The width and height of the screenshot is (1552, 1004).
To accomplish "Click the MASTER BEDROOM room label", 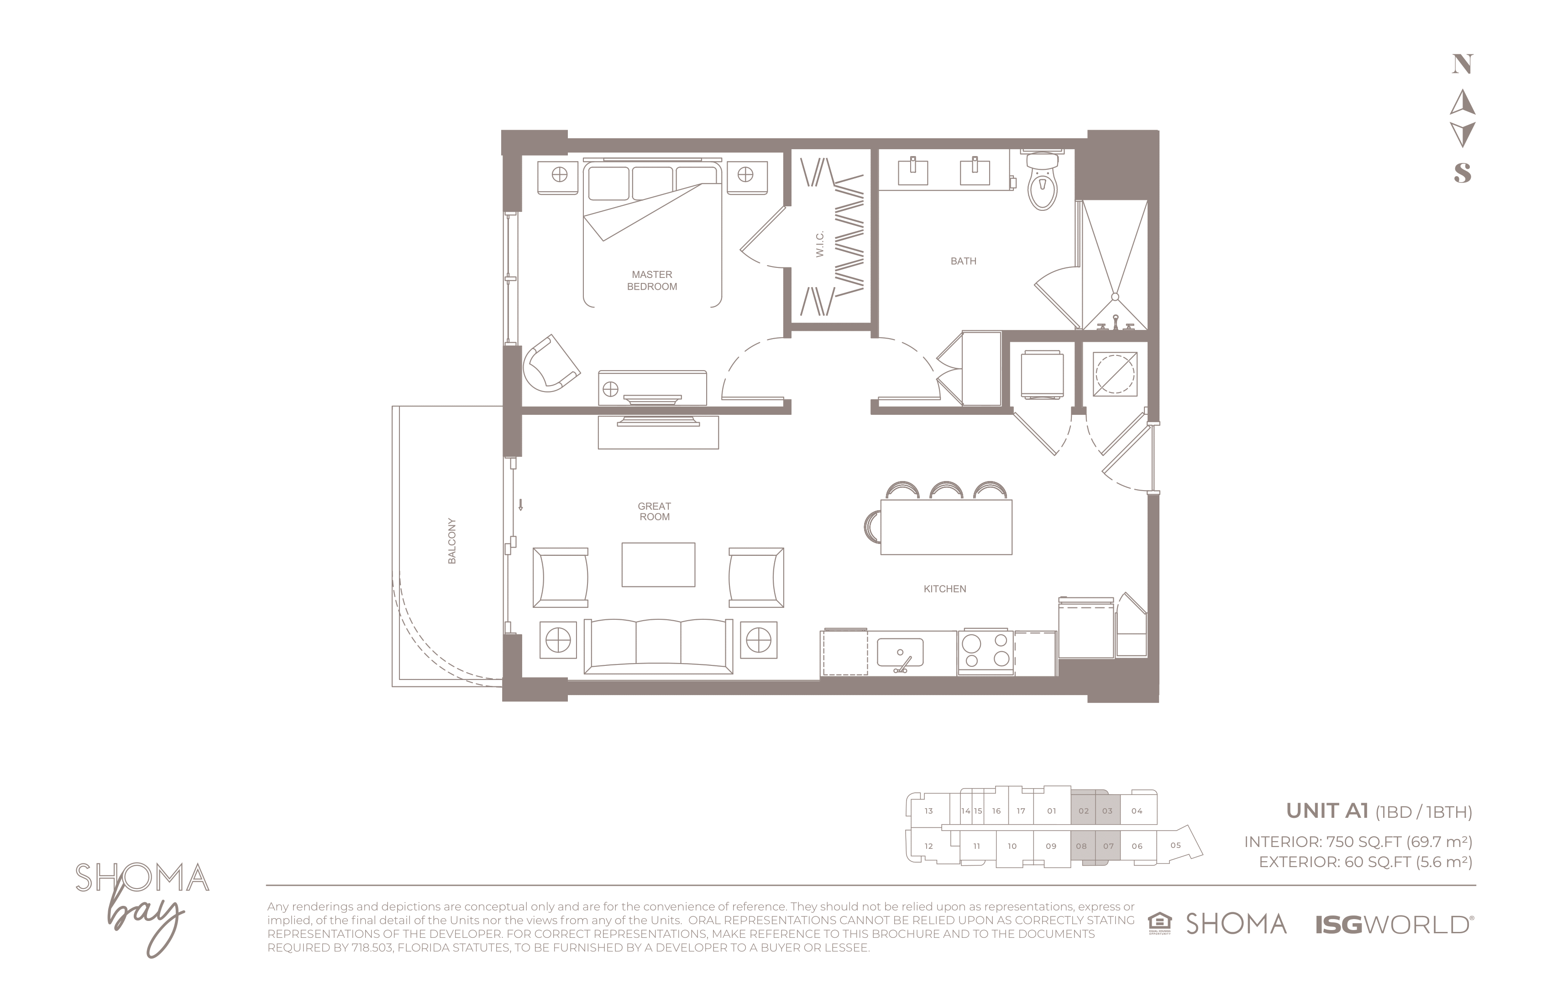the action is [x=652, y=280].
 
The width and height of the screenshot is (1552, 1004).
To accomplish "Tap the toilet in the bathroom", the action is [x=1042, y=181].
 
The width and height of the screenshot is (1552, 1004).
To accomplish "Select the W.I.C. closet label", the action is [x=820, y=244].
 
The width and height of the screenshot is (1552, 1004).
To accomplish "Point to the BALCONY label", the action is [x=451, y=541].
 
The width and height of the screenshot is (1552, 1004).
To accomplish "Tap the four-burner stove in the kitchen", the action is [x=986, y=651].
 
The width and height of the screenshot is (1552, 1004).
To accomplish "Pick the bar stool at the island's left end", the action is [x=872, y=527].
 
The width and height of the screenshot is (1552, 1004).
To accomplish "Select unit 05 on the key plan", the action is [x=1176, y=846].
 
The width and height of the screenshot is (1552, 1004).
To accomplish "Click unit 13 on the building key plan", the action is [x=928, y=811].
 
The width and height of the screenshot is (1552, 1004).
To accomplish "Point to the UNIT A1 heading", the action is [x=1327, y=811].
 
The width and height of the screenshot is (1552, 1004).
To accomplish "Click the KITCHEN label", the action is [x=945, y=589].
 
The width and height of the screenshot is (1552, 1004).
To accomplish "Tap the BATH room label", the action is [x=963, y=261].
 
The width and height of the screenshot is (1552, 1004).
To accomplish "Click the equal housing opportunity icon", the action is [x=1159, y=924].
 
